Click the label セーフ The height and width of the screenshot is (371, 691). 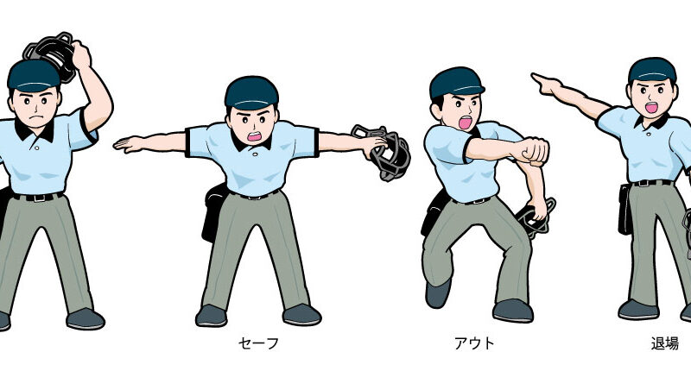[x=258, y=343]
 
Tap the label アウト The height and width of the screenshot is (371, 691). [x=474, y=343]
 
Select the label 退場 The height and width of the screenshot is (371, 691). [x=664, y=343]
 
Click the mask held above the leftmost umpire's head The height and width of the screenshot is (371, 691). [x=51, y=54]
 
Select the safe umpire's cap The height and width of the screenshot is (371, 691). [x=251, y=92]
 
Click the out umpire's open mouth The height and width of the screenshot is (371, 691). [x=465, y=123]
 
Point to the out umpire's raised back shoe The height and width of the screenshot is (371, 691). [x=438, y=293]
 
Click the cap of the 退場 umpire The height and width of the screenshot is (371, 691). [x=652, y=71]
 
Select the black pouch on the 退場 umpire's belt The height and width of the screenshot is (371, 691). [x=625, y=209]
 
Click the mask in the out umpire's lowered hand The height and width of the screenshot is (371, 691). [x=535, y=219]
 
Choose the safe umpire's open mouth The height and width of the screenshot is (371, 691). [x=254, y=136]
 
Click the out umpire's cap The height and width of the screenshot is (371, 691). [x=456, y=82]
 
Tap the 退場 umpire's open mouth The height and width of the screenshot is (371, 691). [x=651, y=107]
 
